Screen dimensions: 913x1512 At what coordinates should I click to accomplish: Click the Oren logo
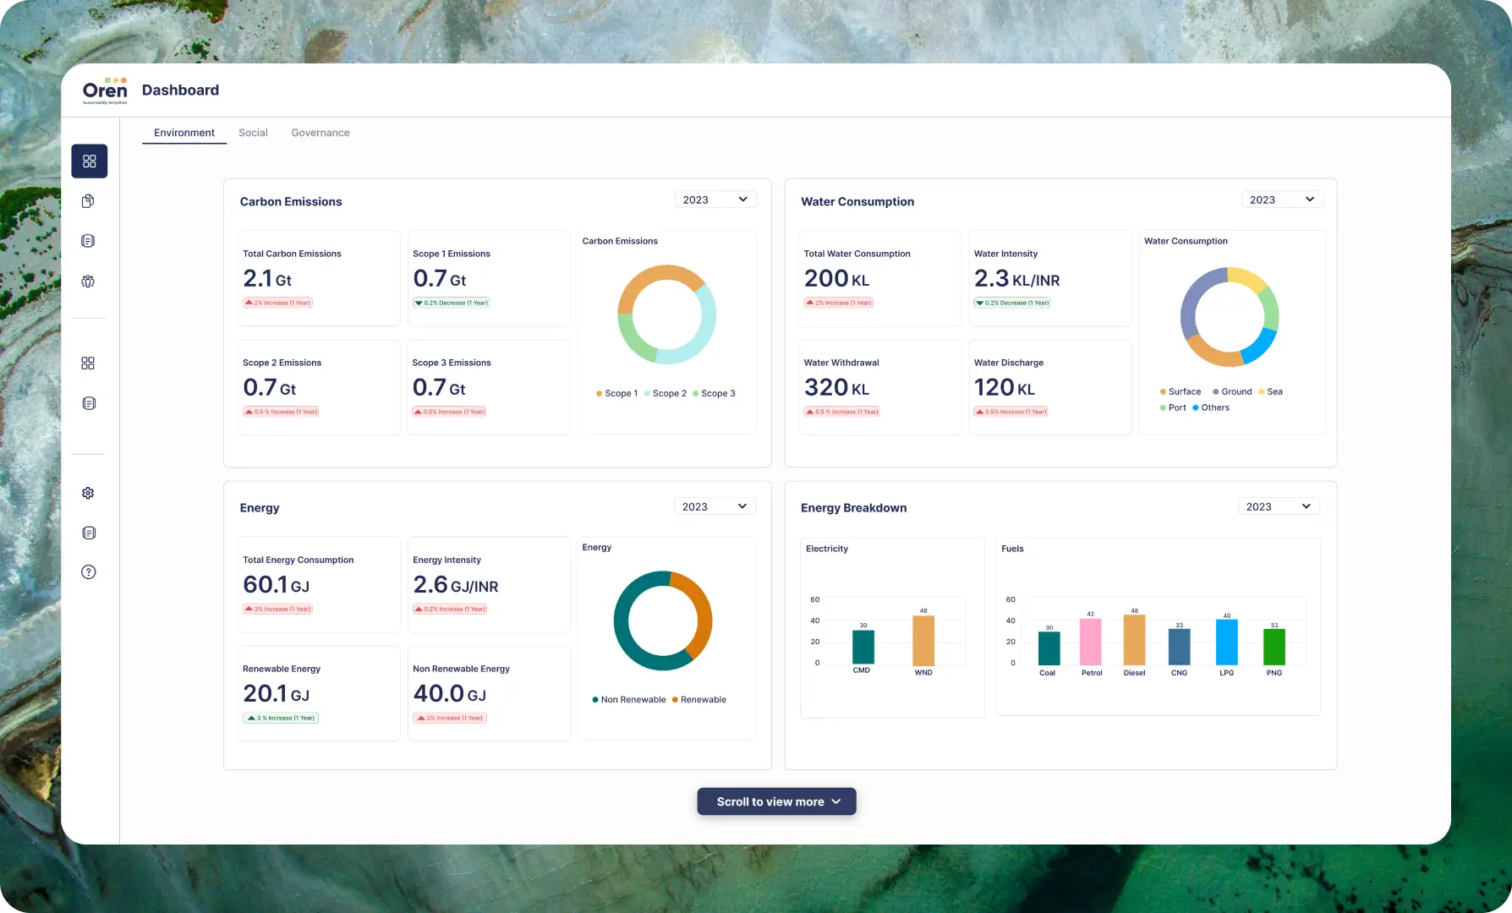coord(105,90)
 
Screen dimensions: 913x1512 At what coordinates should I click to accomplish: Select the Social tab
coord(253,133)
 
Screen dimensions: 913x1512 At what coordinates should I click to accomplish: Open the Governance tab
coord(320,133)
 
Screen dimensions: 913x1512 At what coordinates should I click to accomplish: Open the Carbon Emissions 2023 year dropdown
coord(715,200)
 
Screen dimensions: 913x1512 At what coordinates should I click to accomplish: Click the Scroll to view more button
coord(776,801)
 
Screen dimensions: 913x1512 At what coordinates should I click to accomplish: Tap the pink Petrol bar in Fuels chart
coord(1091,642)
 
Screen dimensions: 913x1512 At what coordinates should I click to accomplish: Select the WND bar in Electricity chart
coord(923,641)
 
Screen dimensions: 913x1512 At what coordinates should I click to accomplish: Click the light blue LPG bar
coord(1226,642)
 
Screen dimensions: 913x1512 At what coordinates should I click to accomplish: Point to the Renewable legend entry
coord(699,699)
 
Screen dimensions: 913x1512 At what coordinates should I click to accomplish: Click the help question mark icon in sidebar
coord(89,572)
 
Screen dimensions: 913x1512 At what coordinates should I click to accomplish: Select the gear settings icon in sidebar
coord(88,493)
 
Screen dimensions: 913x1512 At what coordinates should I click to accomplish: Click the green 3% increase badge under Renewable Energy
coord(281,718)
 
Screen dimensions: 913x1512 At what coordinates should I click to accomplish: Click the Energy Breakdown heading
coord(853,508)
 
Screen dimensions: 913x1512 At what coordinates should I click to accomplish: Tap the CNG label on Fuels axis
coord(1179,673)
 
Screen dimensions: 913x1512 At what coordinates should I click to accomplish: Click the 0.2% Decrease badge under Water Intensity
coord(1012,303)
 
